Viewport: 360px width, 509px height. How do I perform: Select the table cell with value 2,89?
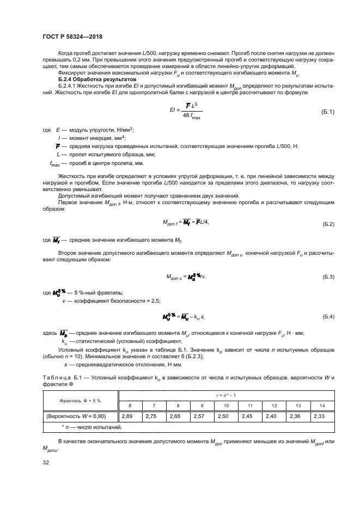point(130,416)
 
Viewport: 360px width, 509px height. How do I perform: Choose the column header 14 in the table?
point(322,406)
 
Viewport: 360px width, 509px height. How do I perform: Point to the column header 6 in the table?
point(130,406)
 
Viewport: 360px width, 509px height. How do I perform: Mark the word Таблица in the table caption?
point(56,378)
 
